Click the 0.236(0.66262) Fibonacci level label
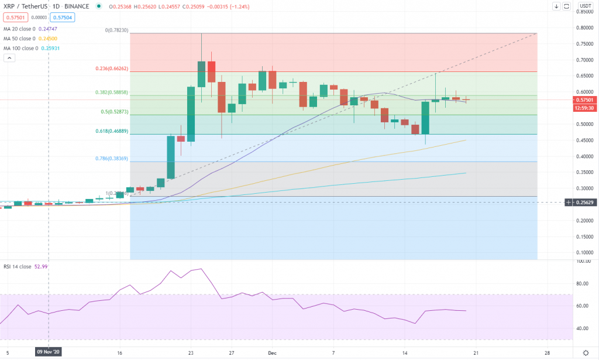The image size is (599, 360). pos(111,68)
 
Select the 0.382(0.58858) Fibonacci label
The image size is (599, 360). pos(111,92)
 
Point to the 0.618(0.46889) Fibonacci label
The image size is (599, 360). pos(111,131)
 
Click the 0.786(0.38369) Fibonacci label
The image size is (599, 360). pos(111,158)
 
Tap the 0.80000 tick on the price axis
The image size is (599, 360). pos(584,28)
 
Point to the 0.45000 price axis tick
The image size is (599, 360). pos(584,140)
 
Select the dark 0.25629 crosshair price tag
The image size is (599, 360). pos(583,202)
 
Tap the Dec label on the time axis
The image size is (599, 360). pos(271,353)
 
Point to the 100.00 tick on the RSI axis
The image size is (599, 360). pos(583,262)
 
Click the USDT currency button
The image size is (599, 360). pos(583,6)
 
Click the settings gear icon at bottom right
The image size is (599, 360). pos(586,352)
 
